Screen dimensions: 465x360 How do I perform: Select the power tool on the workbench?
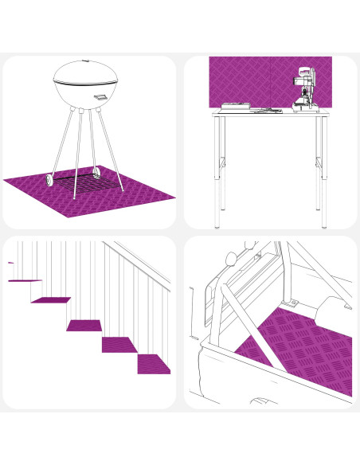(304, 92)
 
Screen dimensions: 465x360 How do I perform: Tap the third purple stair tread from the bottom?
(84, 326)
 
